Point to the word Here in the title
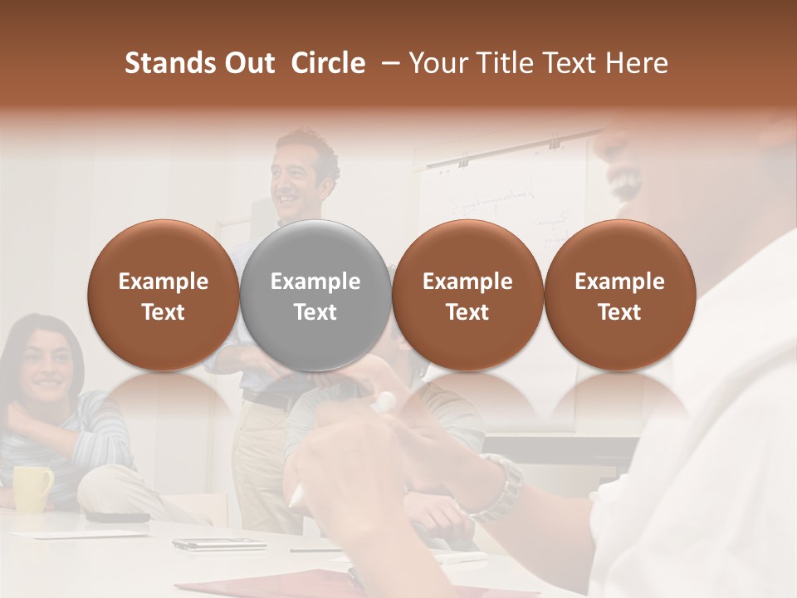[x=637, y=63]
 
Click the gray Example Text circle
[x=315, y=295]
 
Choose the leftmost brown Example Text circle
[x=163, y=295]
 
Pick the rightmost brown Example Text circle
[x=619, y=295]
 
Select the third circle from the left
[x=467, y=295]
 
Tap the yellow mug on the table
[x=31, y=488]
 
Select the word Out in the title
[x=247, y=63]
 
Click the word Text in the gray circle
[x=315, y=312]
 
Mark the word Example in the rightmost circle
[x=619, y=282]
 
